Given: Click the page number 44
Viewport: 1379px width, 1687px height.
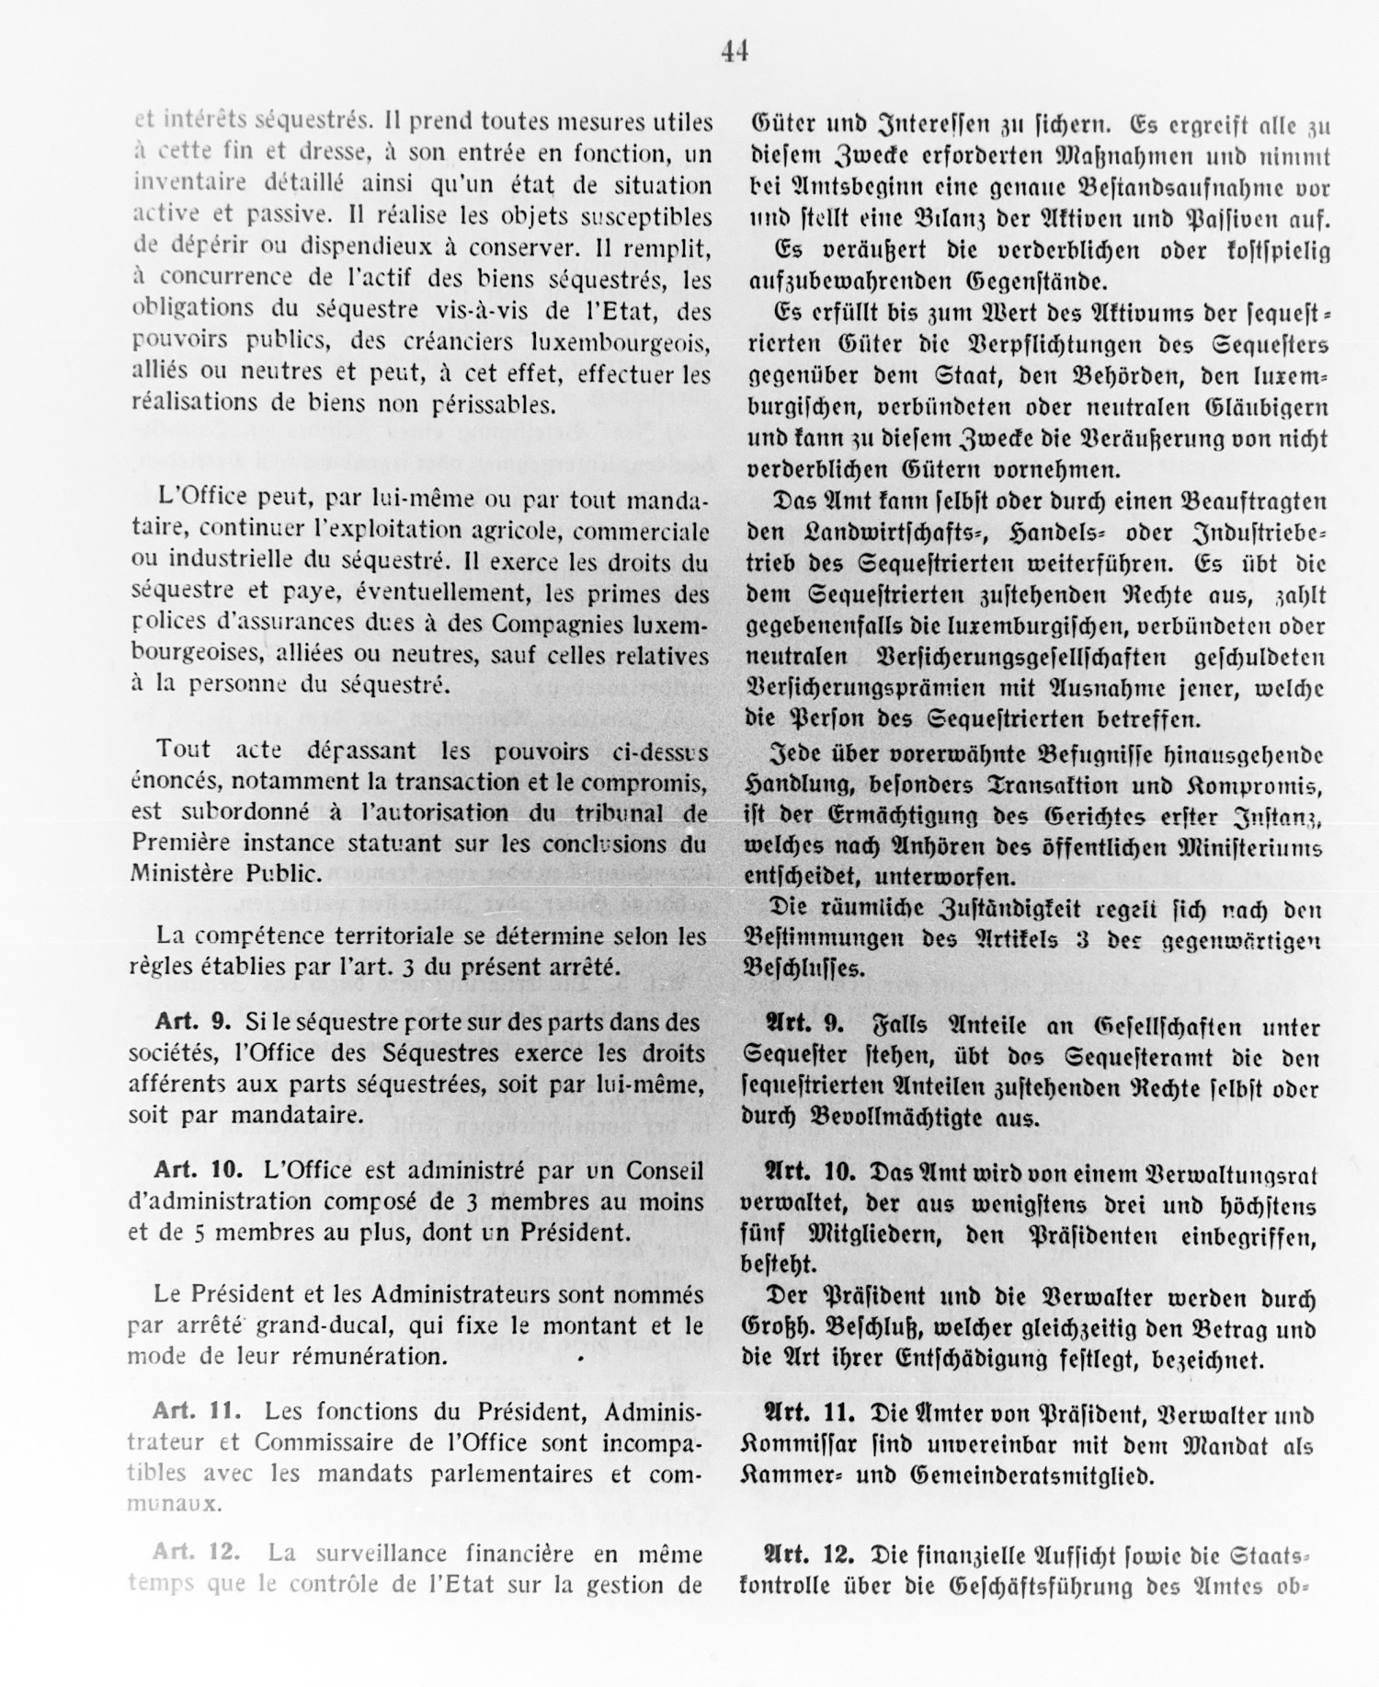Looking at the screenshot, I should [735, 53].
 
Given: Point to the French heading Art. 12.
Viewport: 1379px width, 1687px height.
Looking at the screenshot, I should [197, 1553].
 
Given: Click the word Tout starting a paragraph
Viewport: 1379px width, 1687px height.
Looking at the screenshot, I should [184, 750].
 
